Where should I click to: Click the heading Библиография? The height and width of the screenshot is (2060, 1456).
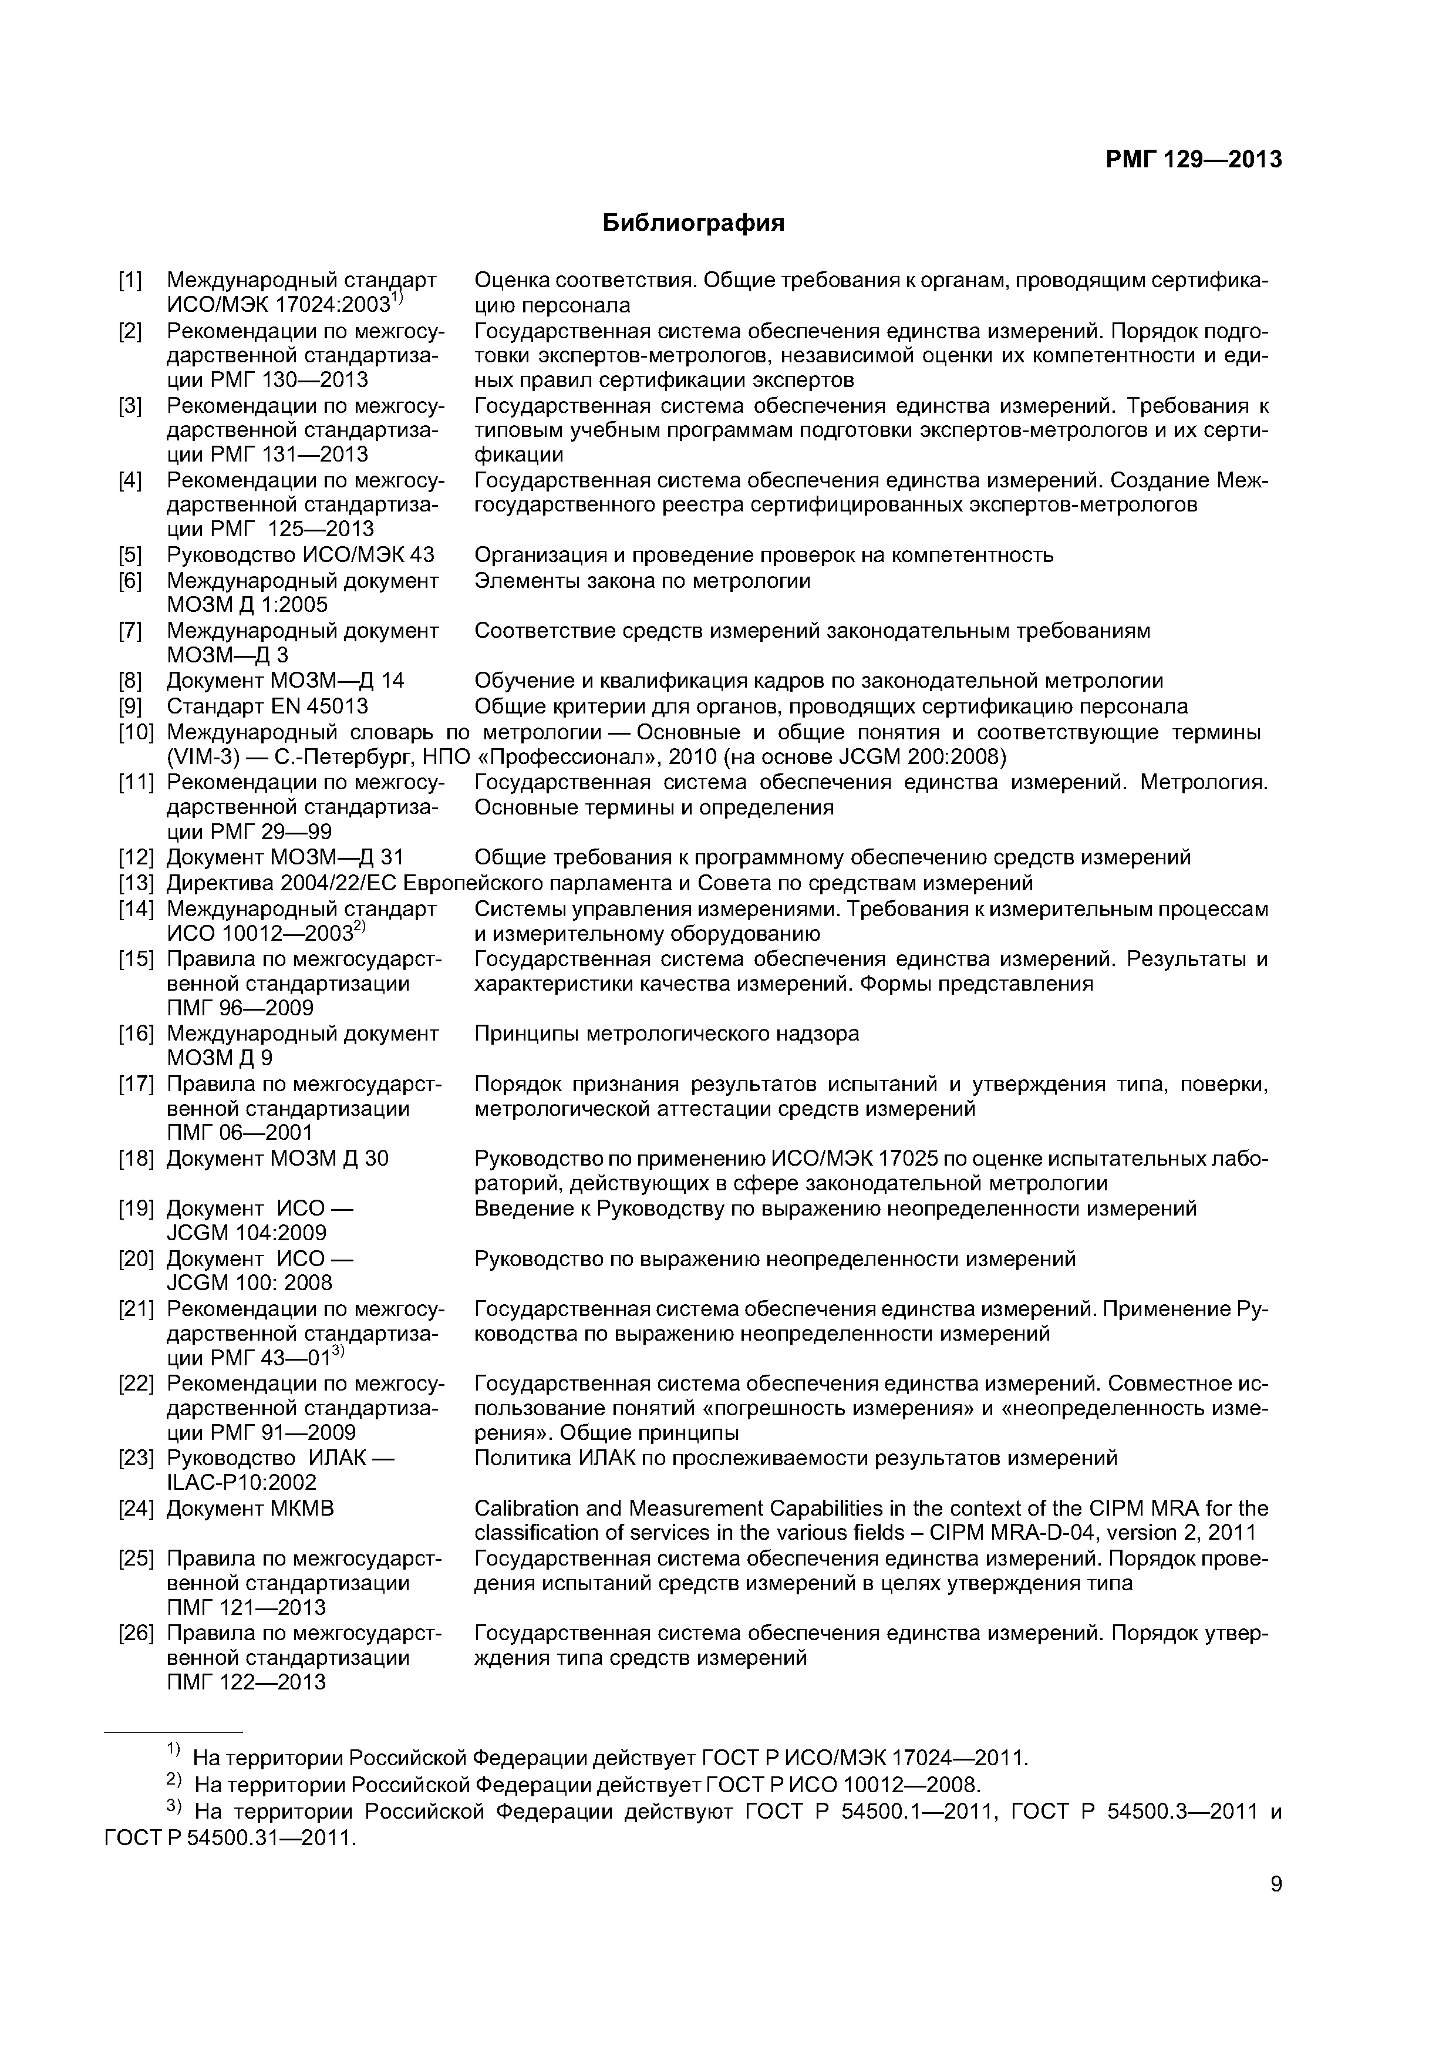coord(693,223)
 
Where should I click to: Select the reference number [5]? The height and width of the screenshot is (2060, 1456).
coord(130,554)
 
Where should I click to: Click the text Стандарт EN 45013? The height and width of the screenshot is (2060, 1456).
coord(267,706)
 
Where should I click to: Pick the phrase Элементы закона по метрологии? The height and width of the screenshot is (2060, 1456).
coord(642,581)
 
